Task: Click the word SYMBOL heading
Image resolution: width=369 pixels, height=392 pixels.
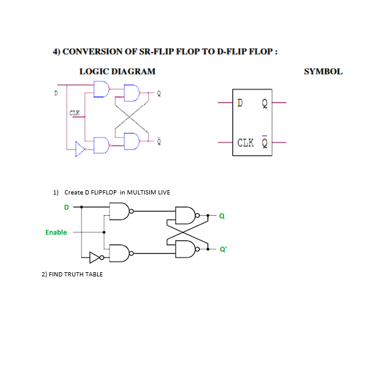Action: click(x=323, y=72)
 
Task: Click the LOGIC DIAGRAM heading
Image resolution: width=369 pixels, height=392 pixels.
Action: click(x=117, y=72)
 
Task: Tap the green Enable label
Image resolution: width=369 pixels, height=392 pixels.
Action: click(x=56, y=232)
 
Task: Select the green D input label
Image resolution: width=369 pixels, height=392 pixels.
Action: click(x=66, y=207)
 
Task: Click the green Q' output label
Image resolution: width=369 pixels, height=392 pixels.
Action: click(x=223, y=250)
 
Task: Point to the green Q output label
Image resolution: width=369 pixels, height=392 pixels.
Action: click(x=222, y=216)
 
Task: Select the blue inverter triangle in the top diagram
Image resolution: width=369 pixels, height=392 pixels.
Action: click(x=80, y=147)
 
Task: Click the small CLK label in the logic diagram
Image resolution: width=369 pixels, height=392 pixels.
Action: click(x=75, y=112)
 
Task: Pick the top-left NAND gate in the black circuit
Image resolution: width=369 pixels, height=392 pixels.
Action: click(x=119, y=212)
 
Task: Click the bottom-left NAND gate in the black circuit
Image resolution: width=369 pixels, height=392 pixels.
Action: click(x=119, y=252)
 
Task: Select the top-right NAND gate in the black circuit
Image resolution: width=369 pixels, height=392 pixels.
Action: click(x=185, y=215)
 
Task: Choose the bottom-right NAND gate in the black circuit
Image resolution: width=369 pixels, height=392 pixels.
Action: click(x=185, y=248)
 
